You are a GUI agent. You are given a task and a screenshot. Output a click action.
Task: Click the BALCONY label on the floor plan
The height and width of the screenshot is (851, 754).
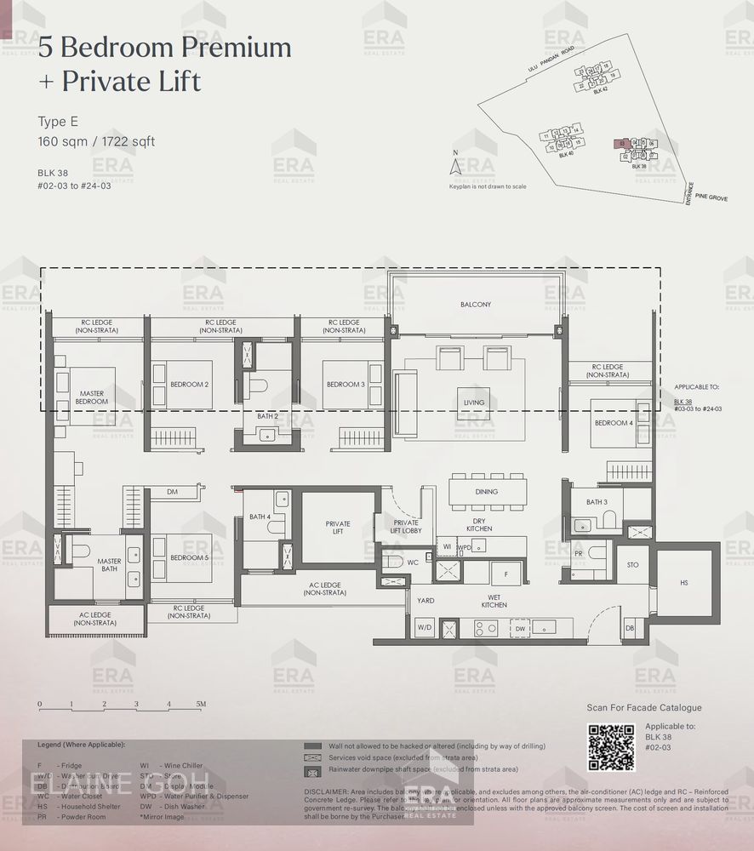click(475, 304)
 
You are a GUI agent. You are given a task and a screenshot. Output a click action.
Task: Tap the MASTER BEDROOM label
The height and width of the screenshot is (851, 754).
click(91, 397)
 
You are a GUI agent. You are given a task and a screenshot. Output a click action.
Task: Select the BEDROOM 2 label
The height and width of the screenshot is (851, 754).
click(189, 385)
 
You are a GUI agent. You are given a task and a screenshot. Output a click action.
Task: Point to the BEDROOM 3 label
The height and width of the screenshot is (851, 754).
click(345, 385)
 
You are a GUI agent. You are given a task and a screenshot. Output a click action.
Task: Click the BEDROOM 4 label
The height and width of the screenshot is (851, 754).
click(613, 423)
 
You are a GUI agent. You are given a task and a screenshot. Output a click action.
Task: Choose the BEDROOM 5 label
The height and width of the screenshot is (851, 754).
click(189, 557)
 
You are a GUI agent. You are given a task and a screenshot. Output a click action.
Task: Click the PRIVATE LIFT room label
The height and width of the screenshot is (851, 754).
click(338, 528)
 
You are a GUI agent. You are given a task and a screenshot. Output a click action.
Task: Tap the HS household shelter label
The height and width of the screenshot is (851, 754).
click(684, 583)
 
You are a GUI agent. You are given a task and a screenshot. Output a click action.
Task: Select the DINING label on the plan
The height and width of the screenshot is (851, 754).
click(486, 492)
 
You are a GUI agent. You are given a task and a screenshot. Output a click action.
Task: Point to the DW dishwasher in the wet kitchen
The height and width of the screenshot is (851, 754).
click(520, 629)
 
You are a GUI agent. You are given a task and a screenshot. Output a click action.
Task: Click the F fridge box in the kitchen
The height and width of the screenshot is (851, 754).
click(506, 574)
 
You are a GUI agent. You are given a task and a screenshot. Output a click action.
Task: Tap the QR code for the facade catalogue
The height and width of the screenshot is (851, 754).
click(611, 746)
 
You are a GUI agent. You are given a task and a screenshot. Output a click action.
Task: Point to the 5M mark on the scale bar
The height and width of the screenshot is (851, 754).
click(201, 705)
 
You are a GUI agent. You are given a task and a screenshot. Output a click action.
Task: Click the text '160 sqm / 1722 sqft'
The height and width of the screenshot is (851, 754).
click(96, 141)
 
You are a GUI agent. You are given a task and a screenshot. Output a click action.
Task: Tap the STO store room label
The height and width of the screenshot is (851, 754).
click(632, 564)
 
